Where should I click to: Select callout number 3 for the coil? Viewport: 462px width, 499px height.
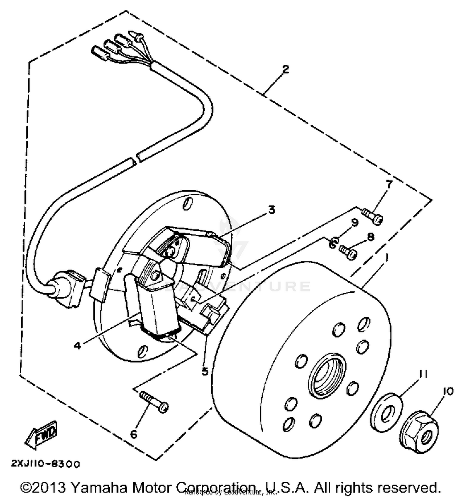(271, 210)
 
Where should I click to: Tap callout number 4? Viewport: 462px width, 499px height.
(77, 346)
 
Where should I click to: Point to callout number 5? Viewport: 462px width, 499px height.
(205, 371)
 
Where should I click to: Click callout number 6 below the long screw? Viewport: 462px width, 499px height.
(134, 434)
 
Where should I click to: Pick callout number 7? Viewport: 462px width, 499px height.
(389, 184)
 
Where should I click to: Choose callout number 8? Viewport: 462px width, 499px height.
(371, 237)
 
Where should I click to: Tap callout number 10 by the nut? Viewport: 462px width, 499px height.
(448, 391)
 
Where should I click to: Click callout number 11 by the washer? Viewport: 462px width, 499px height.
(423, 374)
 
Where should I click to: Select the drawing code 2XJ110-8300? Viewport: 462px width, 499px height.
(45, 464)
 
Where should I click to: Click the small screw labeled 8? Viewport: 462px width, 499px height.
(348, 252)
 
